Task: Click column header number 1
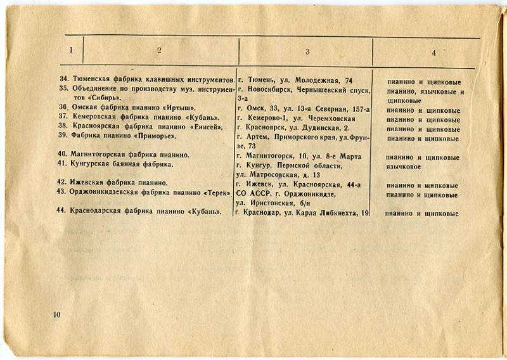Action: coord(72,50)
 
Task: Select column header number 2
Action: coord(160,51)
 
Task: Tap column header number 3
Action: coord(307,51)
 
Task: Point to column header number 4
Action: coord(433,53)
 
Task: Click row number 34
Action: coord(63,81)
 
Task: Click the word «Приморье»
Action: coord(155,136)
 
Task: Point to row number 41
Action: coord(61,165)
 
